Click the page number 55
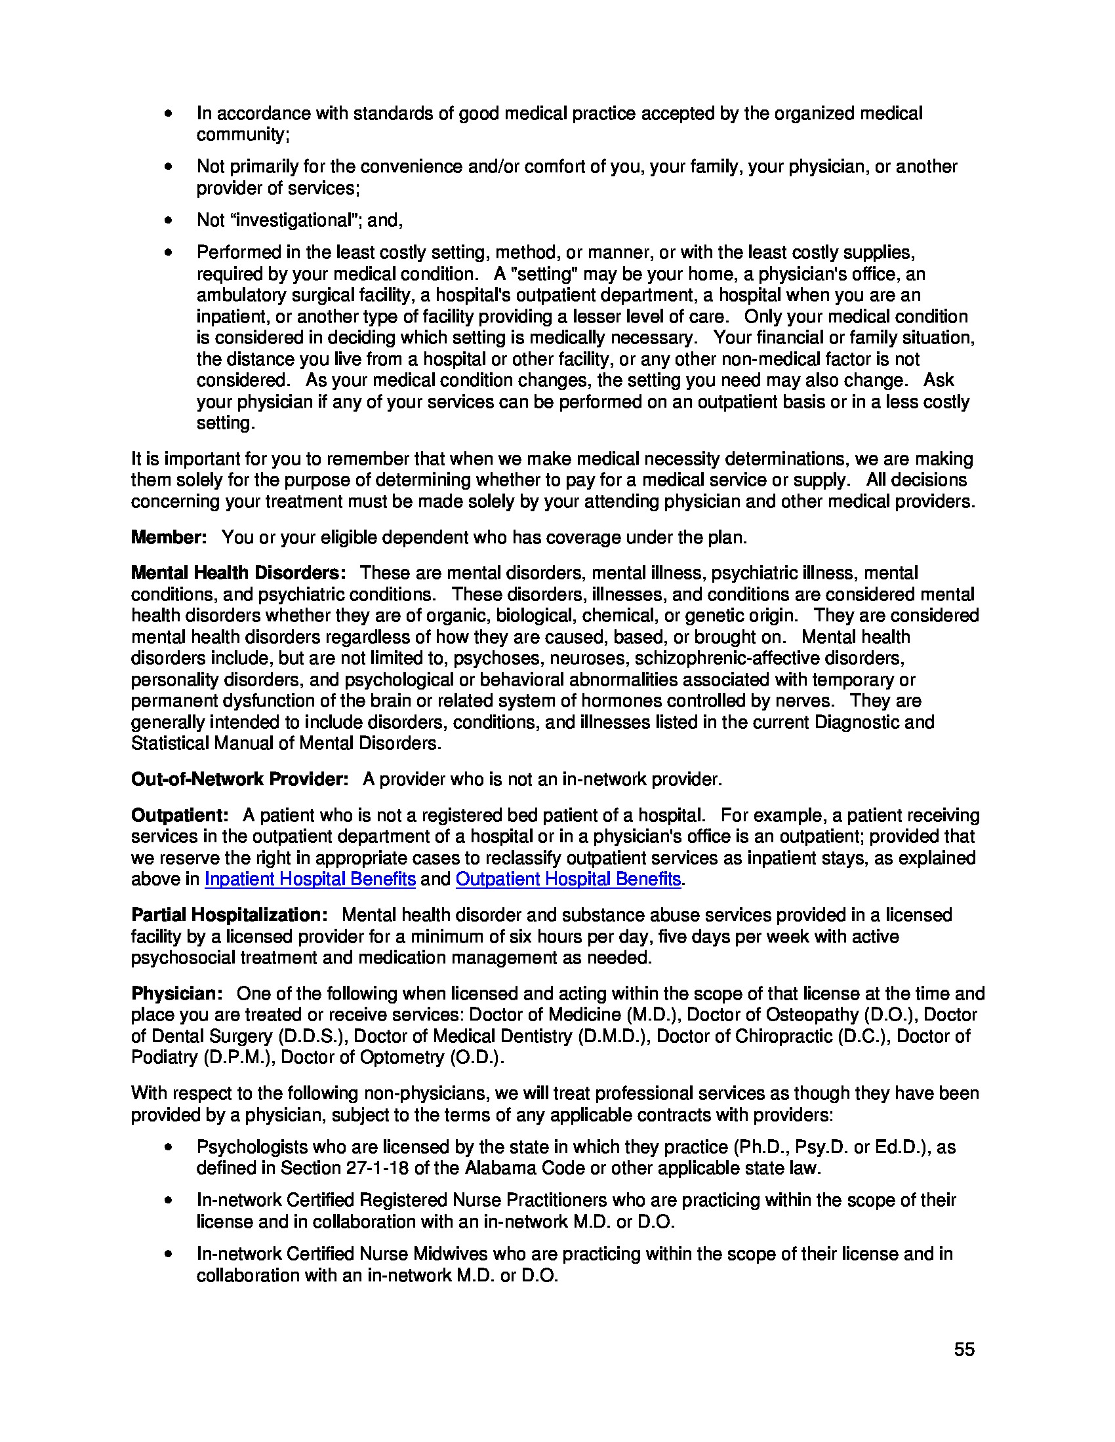[963, 1350]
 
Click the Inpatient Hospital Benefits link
[310, 879]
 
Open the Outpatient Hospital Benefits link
[568, 879]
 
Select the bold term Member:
[169, 537]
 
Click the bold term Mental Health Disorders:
[239, 572]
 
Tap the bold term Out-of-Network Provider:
[240, 779]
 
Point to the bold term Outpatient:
[180, 815]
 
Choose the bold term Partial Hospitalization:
[229, 914]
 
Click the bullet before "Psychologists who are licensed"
[169, 1147]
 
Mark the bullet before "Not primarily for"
[169, 166]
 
